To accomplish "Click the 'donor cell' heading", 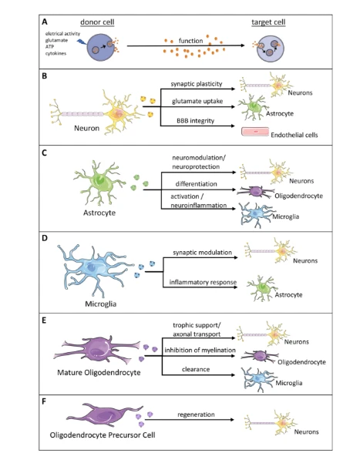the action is (x=97, y=22).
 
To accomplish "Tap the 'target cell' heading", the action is (x=268, y=22).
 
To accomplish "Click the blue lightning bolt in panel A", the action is (x=81, y=42).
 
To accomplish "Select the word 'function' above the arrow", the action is (x=190, y=41).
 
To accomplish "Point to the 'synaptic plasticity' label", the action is (x=197, y=84).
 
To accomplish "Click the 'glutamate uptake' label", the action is (x=197, y=101).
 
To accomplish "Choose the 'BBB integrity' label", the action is (x=195, y=121).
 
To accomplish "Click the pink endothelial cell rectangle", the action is (x=255, y=132).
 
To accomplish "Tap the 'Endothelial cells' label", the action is (x=294, y=135).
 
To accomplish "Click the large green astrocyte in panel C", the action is (x=100, y=183).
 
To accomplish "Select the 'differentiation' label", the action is (x=197, y=184).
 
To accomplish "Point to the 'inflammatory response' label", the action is (x=203, y=282).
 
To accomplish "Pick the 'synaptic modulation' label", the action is (x=203, y=253).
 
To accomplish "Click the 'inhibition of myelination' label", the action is (x=200, y=351).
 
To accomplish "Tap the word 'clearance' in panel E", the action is (x=196, y=369).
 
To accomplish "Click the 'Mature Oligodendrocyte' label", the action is (x=99, y=372).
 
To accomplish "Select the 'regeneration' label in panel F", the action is (x=196, y=414).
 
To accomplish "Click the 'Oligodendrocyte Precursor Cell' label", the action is (x=103, y=435).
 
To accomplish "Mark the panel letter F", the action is (x=44, y=401).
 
